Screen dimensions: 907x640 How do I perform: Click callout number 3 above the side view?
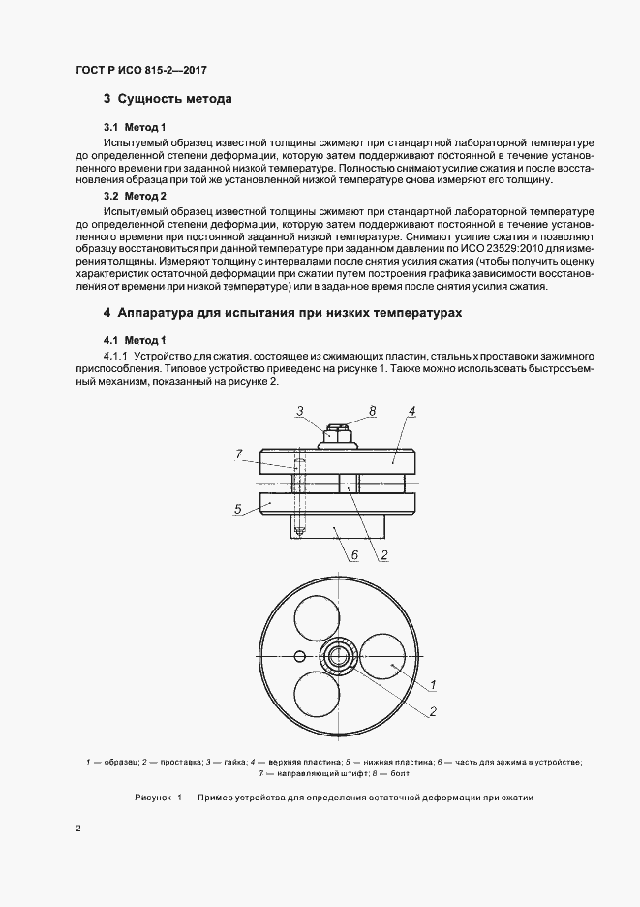301,412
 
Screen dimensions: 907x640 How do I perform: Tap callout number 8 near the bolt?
373,412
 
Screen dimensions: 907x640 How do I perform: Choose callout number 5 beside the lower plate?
237,507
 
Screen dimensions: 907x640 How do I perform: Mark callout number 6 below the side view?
355,555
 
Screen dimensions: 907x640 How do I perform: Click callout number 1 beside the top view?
434,685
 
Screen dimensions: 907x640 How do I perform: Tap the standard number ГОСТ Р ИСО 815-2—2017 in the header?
141,71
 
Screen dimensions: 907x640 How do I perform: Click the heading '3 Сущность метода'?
167,99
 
